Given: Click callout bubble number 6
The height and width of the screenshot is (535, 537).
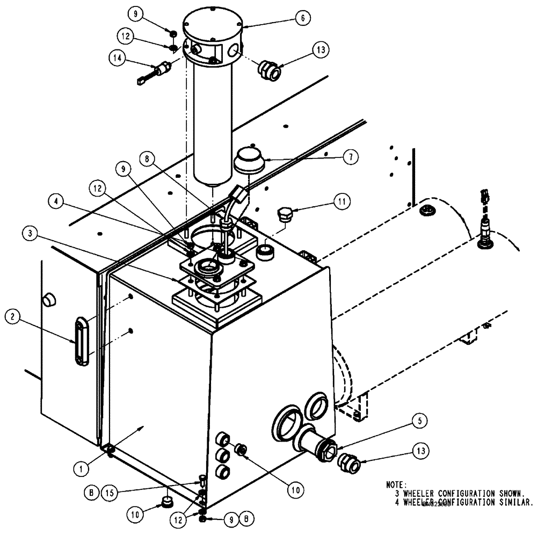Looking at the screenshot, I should pos(302,18).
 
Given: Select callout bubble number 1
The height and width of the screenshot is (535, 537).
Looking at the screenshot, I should pos(81,468).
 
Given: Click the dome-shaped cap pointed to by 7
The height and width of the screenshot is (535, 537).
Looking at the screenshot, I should pos(248,160).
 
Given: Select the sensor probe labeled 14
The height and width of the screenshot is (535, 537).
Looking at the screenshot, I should pos(155,71).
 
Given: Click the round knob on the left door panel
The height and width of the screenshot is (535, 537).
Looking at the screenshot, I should pos(49,299).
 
